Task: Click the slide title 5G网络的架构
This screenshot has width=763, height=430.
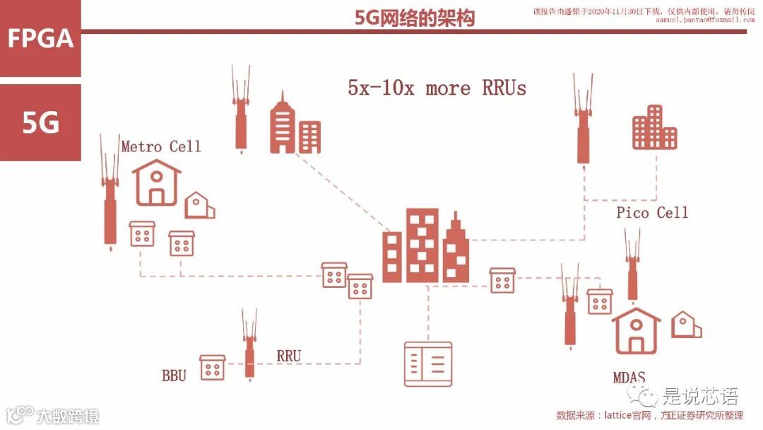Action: pyautogui.click(x=415, y=18)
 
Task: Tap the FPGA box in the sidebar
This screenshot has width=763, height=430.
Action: pyautogui.click(x=40, y=38)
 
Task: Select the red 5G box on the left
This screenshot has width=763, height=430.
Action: pyautogui.click(x=40, y=123)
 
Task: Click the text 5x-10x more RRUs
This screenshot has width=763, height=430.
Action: pyautogui.click(x=437, y=88)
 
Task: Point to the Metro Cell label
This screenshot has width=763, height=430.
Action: pyautogui.click(x=161, y=146)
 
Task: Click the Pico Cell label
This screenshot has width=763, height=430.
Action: pyautogui.click(x=651, y=212)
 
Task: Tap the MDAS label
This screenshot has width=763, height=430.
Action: pyautogui.click(x=629, y=377)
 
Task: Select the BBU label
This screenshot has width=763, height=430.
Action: pyautogui.click(x=174, y=375)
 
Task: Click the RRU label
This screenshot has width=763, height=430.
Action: pyautogui.click(x=288, y=356)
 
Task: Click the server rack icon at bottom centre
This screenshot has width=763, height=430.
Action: pyautogui.click(x=427, y=364)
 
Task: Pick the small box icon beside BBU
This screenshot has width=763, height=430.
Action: pyautogui.click(x=212, y=367)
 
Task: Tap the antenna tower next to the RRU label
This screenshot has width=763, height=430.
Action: pyautogui.click(x=249, y=344)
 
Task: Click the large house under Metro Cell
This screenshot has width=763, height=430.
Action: pyautogui.click(x=156, y=182)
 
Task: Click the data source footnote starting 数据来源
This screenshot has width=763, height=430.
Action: pyautogui.click(x=649, y=415)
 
